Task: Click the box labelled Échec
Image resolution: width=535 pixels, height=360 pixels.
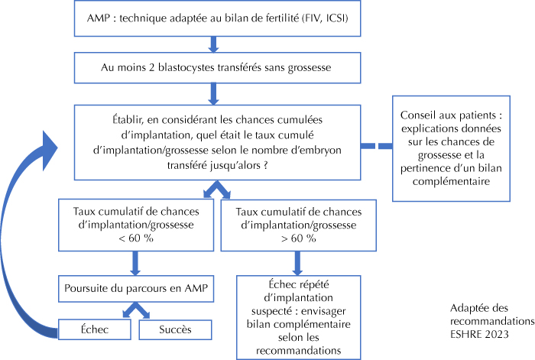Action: tap(95, 329)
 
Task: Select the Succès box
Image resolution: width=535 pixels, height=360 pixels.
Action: tap(175, 329)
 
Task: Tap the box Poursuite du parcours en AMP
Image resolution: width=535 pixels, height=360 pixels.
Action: tap(136, 289)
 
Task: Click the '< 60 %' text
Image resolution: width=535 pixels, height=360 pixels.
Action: tap(136, 238)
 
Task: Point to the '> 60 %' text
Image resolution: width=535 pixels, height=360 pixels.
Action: tap(299, 238)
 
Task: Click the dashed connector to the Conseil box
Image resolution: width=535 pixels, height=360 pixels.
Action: tap(376, 146)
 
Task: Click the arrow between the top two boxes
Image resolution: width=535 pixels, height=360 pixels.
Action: tap(213, 44)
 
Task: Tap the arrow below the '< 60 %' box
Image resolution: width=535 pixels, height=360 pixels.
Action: tap(135, 263)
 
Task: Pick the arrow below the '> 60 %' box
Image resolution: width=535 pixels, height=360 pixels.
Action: tap(297, 263)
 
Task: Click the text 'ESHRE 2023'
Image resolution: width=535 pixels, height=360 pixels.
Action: tap(479, 334)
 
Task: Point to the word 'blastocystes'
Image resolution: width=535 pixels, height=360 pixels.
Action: tap(187, 67)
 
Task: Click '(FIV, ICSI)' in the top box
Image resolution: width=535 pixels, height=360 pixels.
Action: tap(325, 18)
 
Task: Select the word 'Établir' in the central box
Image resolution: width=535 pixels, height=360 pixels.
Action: tap(125, 120)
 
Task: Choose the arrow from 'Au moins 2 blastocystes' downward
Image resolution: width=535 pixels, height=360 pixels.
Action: tap(213, 94)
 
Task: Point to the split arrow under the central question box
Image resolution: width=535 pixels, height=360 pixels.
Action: tap(217, 189)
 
